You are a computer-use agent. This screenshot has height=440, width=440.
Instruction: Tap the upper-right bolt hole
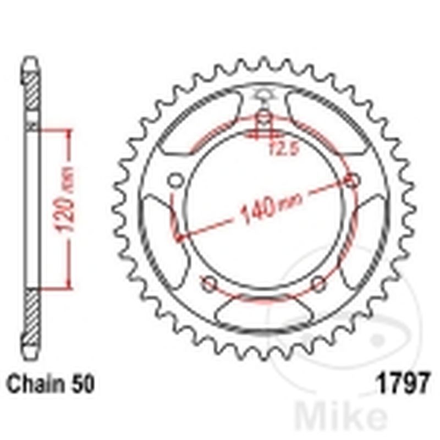coord(352,180)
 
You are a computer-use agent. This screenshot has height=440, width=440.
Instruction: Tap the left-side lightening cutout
coord(156,231)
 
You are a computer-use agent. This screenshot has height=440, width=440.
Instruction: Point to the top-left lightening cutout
coord(204,118)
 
